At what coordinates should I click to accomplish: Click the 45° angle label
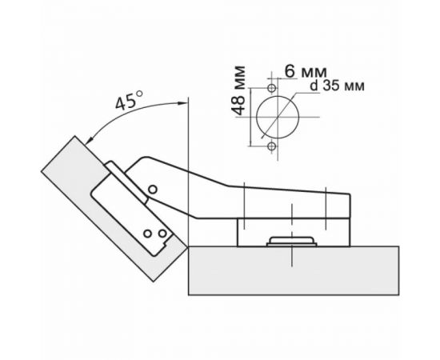(x=127, y=103)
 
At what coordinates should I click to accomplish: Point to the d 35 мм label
(x=330, y=88)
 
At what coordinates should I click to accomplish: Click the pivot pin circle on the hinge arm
(x=151, y=190)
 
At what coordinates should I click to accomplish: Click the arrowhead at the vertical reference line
(x=183, y=102)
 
